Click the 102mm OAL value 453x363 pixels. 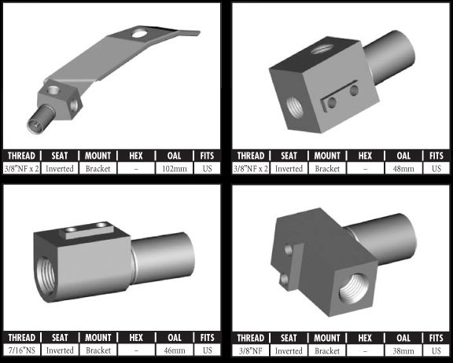pyautogui.click(x=175, y=168)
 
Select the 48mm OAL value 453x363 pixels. pyautogui.click(x=403, y=168)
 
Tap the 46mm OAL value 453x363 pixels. pyautogui.click(x=175, y=350)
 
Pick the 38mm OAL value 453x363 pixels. pyautogui.click(x=403, y=351)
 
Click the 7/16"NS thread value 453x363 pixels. pyautogui.click(x=22, y=350)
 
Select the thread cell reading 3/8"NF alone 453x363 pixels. pyautogui.click(x=251, y=351)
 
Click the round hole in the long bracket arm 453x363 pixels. pyautogui.click(x=139, y=34)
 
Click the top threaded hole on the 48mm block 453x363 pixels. pyautogui.click(x=322, y=49)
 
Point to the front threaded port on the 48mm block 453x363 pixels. pyautogui.click(x=295, y=108)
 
